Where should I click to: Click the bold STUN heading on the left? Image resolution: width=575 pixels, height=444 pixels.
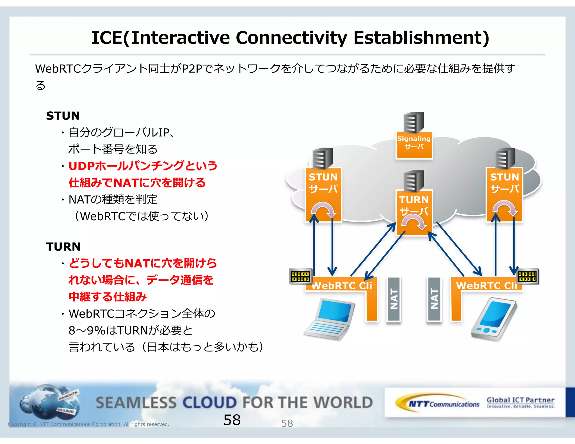tap(63, 116)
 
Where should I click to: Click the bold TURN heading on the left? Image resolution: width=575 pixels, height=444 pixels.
tap(63, 247)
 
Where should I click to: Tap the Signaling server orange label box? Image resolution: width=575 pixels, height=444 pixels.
tap(414, 145)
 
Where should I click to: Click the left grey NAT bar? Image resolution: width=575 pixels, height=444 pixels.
tap(394, 299)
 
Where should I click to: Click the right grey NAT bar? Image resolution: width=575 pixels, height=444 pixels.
tap(434, 299)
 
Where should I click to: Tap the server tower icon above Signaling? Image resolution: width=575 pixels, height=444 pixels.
tap(414, 122)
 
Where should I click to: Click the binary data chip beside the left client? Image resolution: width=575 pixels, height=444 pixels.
tap(300, 276)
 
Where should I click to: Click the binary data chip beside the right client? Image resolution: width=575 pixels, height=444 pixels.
tap(527, 276)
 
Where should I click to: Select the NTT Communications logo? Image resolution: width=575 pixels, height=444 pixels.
tap(438, 404)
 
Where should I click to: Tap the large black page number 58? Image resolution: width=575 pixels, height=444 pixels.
tap(232, 420)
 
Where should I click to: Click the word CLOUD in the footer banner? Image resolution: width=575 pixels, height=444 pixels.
tap(210, 402)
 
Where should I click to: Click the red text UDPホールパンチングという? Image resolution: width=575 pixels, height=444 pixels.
tap(143, 166)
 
